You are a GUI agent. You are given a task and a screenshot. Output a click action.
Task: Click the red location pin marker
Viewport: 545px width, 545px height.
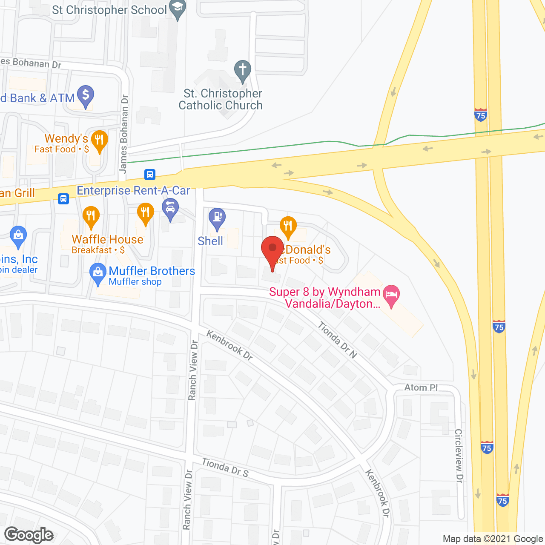pyautogui.click(x=272, y=249)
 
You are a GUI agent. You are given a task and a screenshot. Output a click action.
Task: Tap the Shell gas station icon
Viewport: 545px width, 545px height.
pyautogui.click(x=217, y=217)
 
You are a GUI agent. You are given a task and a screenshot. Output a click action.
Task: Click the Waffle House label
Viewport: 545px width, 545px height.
pyautogui.click(x=107, y=240)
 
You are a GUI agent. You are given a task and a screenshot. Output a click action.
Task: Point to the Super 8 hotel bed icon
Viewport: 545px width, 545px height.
pyautogui.click(x=391, y=295)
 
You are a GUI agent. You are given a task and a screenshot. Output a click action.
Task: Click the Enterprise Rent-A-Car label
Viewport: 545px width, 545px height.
pyautogui.click(x=133, y=190)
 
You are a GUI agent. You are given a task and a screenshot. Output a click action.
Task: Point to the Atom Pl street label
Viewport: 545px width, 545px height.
pyautogui.click(x=421, y=387)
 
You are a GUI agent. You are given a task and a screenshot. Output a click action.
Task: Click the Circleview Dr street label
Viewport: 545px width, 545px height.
pyautogui.click(x=459, y=456)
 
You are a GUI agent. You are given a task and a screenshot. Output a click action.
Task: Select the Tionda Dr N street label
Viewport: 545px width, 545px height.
pyautogui.click(x=337, y=340)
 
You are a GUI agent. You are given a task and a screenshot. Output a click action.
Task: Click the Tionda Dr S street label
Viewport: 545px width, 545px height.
pyautogui.click(x=225, y=467)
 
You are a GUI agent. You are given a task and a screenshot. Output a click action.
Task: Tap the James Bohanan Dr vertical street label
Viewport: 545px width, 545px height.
pyautogui.click(x=124, y=134)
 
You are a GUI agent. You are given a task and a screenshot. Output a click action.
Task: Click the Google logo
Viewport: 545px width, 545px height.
pyautogui.click(x=29, y=535)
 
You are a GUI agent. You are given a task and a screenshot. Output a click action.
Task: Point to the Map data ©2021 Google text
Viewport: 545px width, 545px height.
pyautogui.click(x=493, y=539)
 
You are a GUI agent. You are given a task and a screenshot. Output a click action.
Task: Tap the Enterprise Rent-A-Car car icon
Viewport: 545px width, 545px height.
pyautogui.click(x=170, y=209)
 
